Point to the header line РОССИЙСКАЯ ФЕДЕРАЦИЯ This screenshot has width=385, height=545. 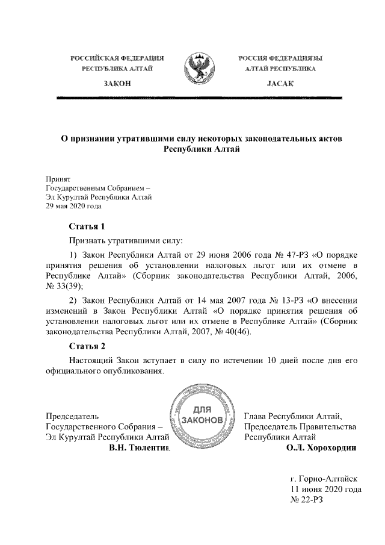[x=117, y=58]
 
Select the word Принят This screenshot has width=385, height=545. [x=58, y=179]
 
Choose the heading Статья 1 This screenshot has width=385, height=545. [x=87, y=226]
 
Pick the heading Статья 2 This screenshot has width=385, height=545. [x=87, y=346]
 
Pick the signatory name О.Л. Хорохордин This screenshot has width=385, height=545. [x=322, y=448]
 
